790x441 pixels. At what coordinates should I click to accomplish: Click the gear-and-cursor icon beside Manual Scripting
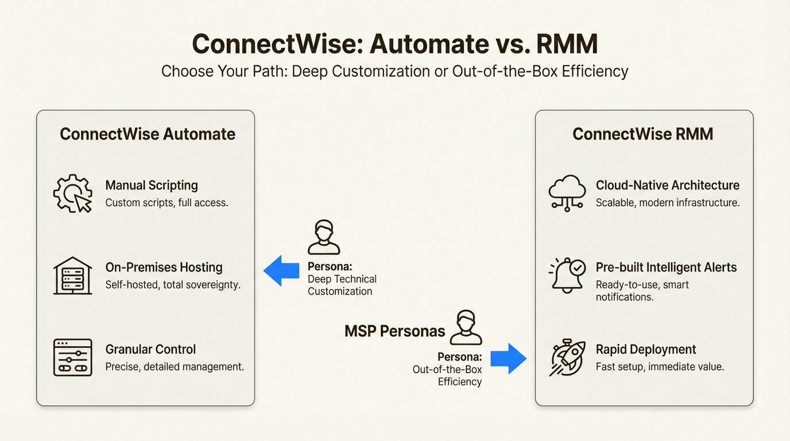tap(72, 194)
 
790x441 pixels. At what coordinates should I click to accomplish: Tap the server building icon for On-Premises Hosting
tap(72, 276)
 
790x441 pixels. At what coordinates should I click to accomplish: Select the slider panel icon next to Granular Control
tap(72, 357)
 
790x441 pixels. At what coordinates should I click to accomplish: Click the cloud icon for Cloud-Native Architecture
tap(567, 192)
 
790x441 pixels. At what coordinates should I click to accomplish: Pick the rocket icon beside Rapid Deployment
tap(567, 357)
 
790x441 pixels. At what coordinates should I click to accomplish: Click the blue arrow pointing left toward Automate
tap(281, 270)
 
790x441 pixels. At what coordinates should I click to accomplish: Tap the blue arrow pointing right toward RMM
tap(508, 358)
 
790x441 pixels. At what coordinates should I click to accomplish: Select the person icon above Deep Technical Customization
tap(324, 237)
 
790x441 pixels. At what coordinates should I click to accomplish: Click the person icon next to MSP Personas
tap(466, 327)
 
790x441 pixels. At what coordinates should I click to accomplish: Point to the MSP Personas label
tap(394, 331)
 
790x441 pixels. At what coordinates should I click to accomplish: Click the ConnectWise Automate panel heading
tap(148, 134)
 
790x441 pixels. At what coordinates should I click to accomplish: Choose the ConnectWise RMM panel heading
tap(642, 134)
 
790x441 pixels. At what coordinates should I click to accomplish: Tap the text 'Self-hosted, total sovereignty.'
tap(173, 285)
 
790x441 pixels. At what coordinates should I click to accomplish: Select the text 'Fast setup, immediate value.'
tap(660, 366)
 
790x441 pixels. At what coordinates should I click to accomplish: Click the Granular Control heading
tap(150, 349)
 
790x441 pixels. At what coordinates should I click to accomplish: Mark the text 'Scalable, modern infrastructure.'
tap(667, 203)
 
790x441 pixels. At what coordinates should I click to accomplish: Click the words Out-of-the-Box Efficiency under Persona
tap(447, 376)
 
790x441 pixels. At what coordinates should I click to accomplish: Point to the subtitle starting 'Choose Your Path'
tap(394, 71)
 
